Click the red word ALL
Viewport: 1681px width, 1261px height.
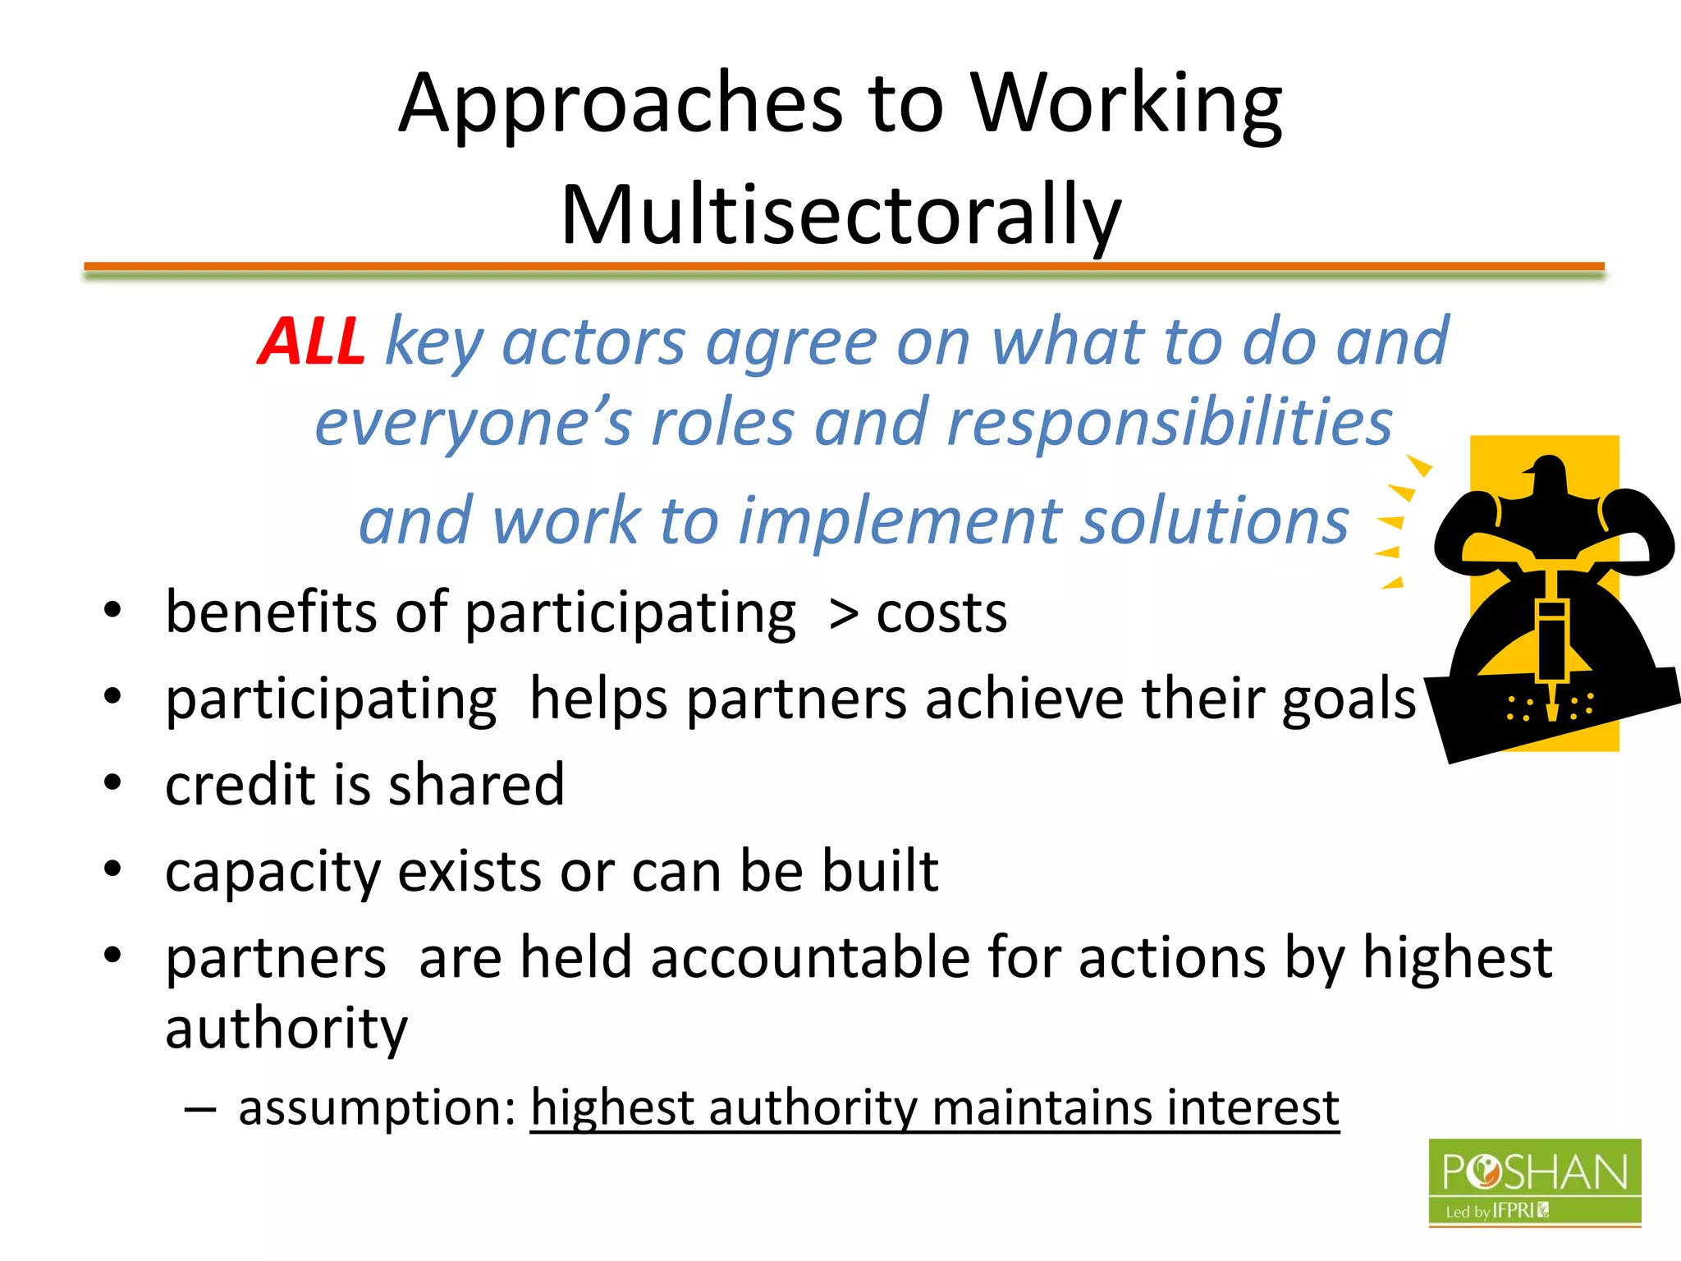[x=311, y=342]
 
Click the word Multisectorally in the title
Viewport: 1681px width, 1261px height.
[x=840, y=215]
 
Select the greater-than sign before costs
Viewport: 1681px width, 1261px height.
[x=844, y=614]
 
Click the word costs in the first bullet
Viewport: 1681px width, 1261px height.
[x=941, y=614]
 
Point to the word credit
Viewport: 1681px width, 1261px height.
[x=239, y=785]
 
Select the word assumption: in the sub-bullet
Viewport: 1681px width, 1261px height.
[x=377, y=1108]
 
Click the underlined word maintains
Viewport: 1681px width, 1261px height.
[x=1042, y=1108]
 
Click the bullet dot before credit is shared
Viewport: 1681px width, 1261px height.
[x=112, y=782]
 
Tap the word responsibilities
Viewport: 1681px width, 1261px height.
[x=1170, y=423]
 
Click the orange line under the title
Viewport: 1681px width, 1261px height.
[x=844, y=266]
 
